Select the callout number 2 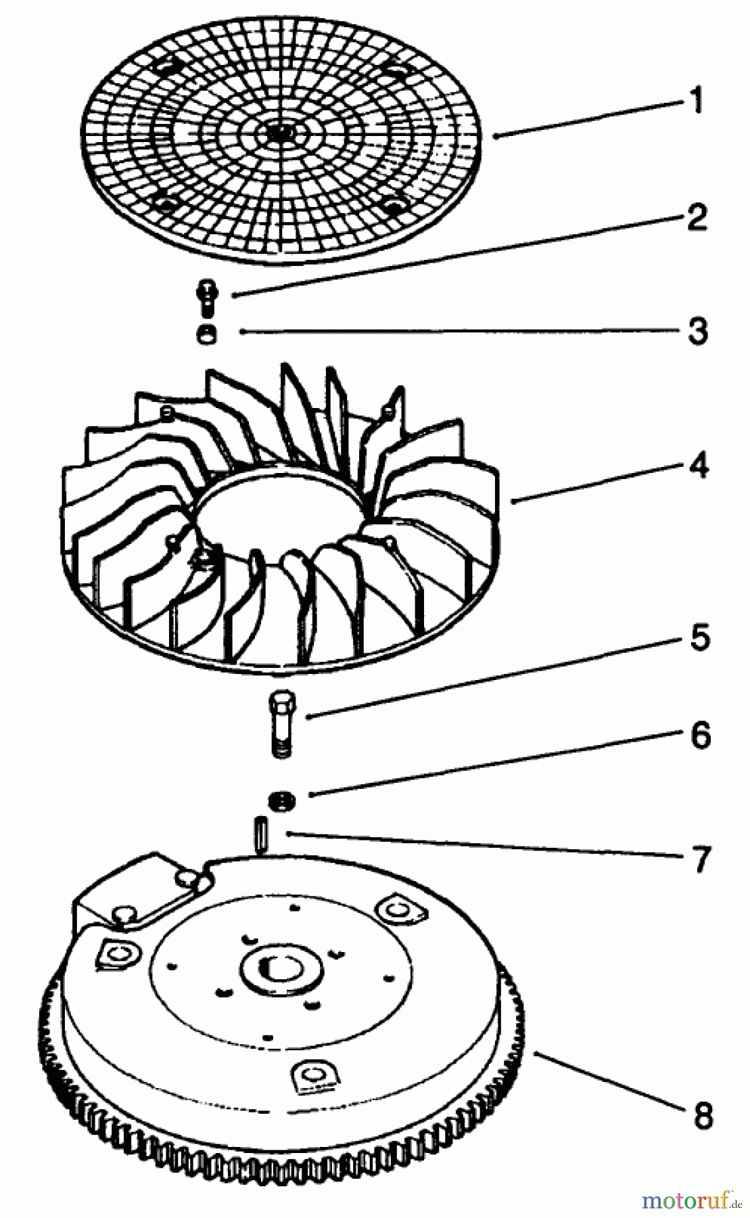(697, 218)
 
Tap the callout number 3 (697, 331)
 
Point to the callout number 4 (698, 466)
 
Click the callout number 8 (703, 1114)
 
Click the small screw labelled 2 (206, 297)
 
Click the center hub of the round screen (275, 133)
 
